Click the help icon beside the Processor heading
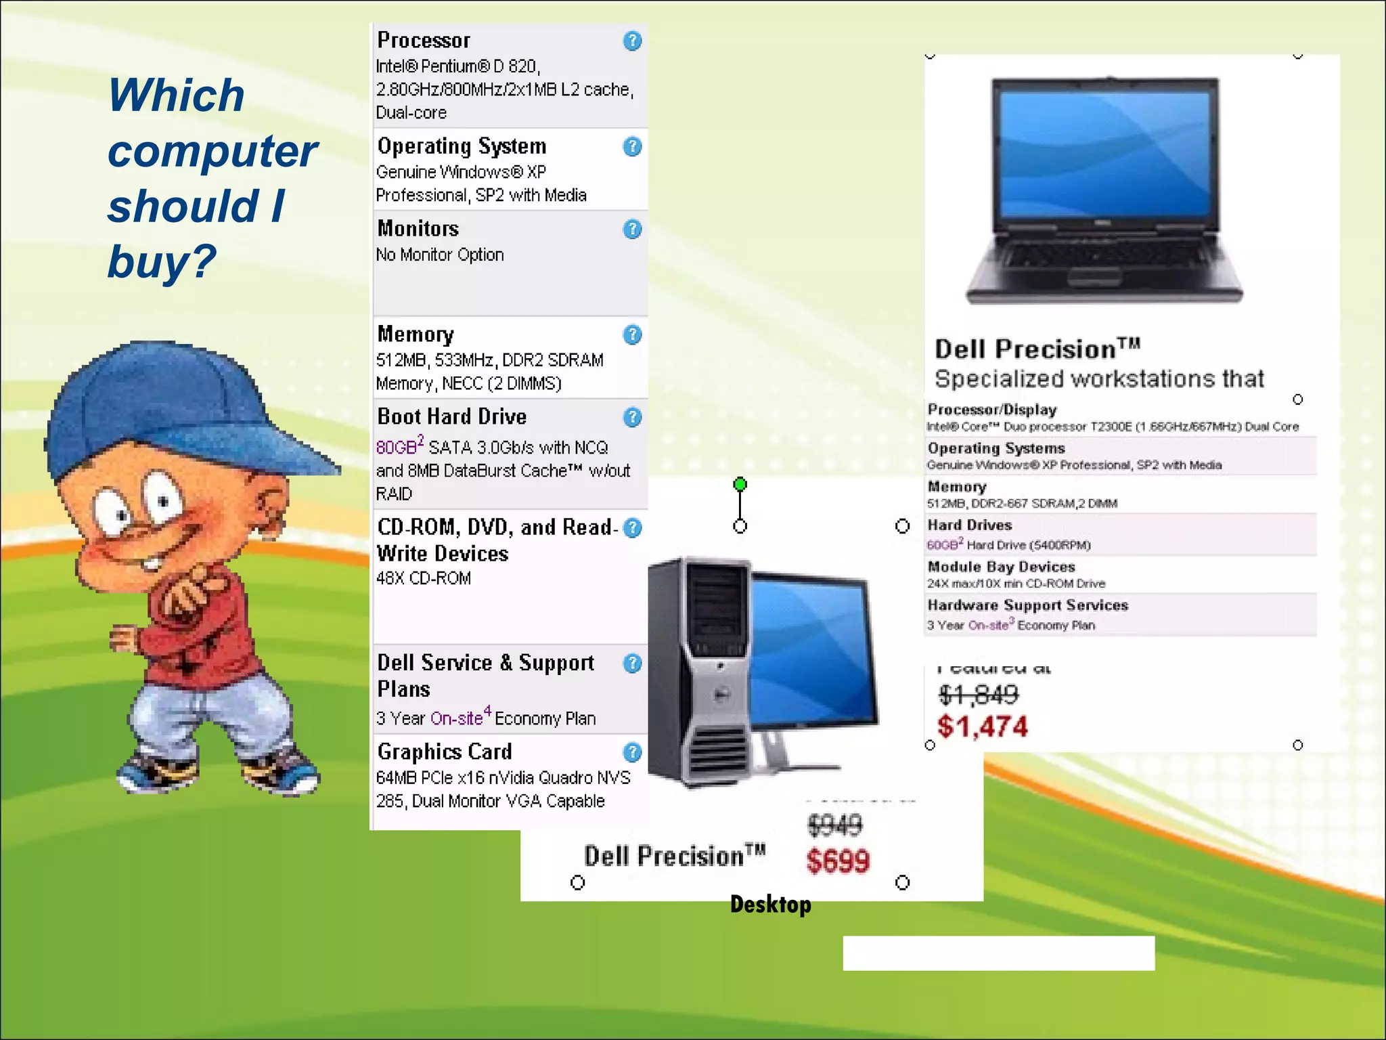click(x=632, y=41)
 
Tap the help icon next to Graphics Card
click(x=632, y=752)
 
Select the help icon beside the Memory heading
click(x=632, y=334)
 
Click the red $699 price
click(x=838, y=861)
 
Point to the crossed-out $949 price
click(x=835, y=825)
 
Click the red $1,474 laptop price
click(x=982, y=727)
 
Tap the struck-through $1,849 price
click(x=978, y=694)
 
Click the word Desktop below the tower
click(x=770, y=905)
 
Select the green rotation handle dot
click(x=740, y=484)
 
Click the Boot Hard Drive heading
click(x=451, y=416)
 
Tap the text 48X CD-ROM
click(x=424, y=578)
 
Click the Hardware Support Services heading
click(x=1027, y=605)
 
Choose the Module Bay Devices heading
click(x=1001, y=567)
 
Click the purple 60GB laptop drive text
click(x=943, y=545)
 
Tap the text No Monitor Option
click(x=440, y=255)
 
